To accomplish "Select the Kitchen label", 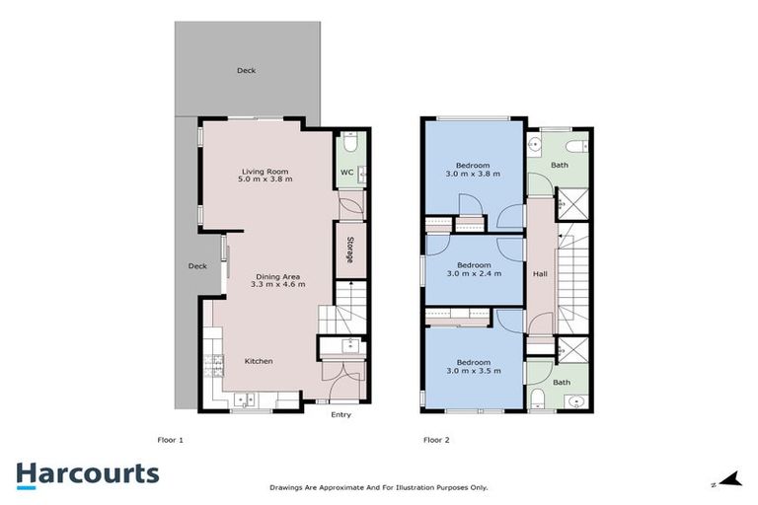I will tap(259, 361).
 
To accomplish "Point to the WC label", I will tap(346, 173).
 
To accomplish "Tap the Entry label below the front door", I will tap(341, 414).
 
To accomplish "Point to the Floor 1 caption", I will tap(171, 439).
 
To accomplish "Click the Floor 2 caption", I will tap(436, 439).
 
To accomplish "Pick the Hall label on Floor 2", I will tap(540, 273).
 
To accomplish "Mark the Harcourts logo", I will tap(88, 473).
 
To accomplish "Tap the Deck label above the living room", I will tap(246, 70).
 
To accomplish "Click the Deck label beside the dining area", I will tap(197, 265).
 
